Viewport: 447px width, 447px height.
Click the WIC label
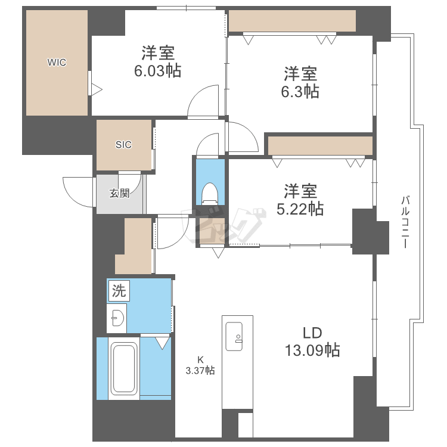57,62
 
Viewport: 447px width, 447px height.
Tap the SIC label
123,145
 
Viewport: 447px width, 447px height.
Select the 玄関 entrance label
120,193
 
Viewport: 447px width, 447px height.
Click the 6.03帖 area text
158,71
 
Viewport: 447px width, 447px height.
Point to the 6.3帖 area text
300,92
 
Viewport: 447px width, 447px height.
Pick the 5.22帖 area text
300,209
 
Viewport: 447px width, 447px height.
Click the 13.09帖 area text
313,350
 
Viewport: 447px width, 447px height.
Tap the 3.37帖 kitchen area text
200,371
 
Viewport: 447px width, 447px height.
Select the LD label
312,333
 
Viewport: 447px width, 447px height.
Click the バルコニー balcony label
405,222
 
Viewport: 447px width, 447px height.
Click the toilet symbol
210,194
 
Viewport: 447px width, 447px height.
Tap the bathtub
124,368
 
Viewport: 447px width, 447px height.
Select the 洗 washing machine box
119,291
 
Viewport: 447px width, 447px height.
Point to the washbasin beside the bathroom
117,318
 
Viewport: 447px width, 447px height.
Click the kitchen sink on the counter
234,336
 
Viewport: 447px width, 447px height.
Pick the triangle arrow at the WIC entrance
97,90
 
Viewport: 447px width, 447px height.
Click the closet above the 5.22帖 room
320,145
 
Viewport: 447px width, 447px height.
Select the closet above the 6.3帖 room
292,21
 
